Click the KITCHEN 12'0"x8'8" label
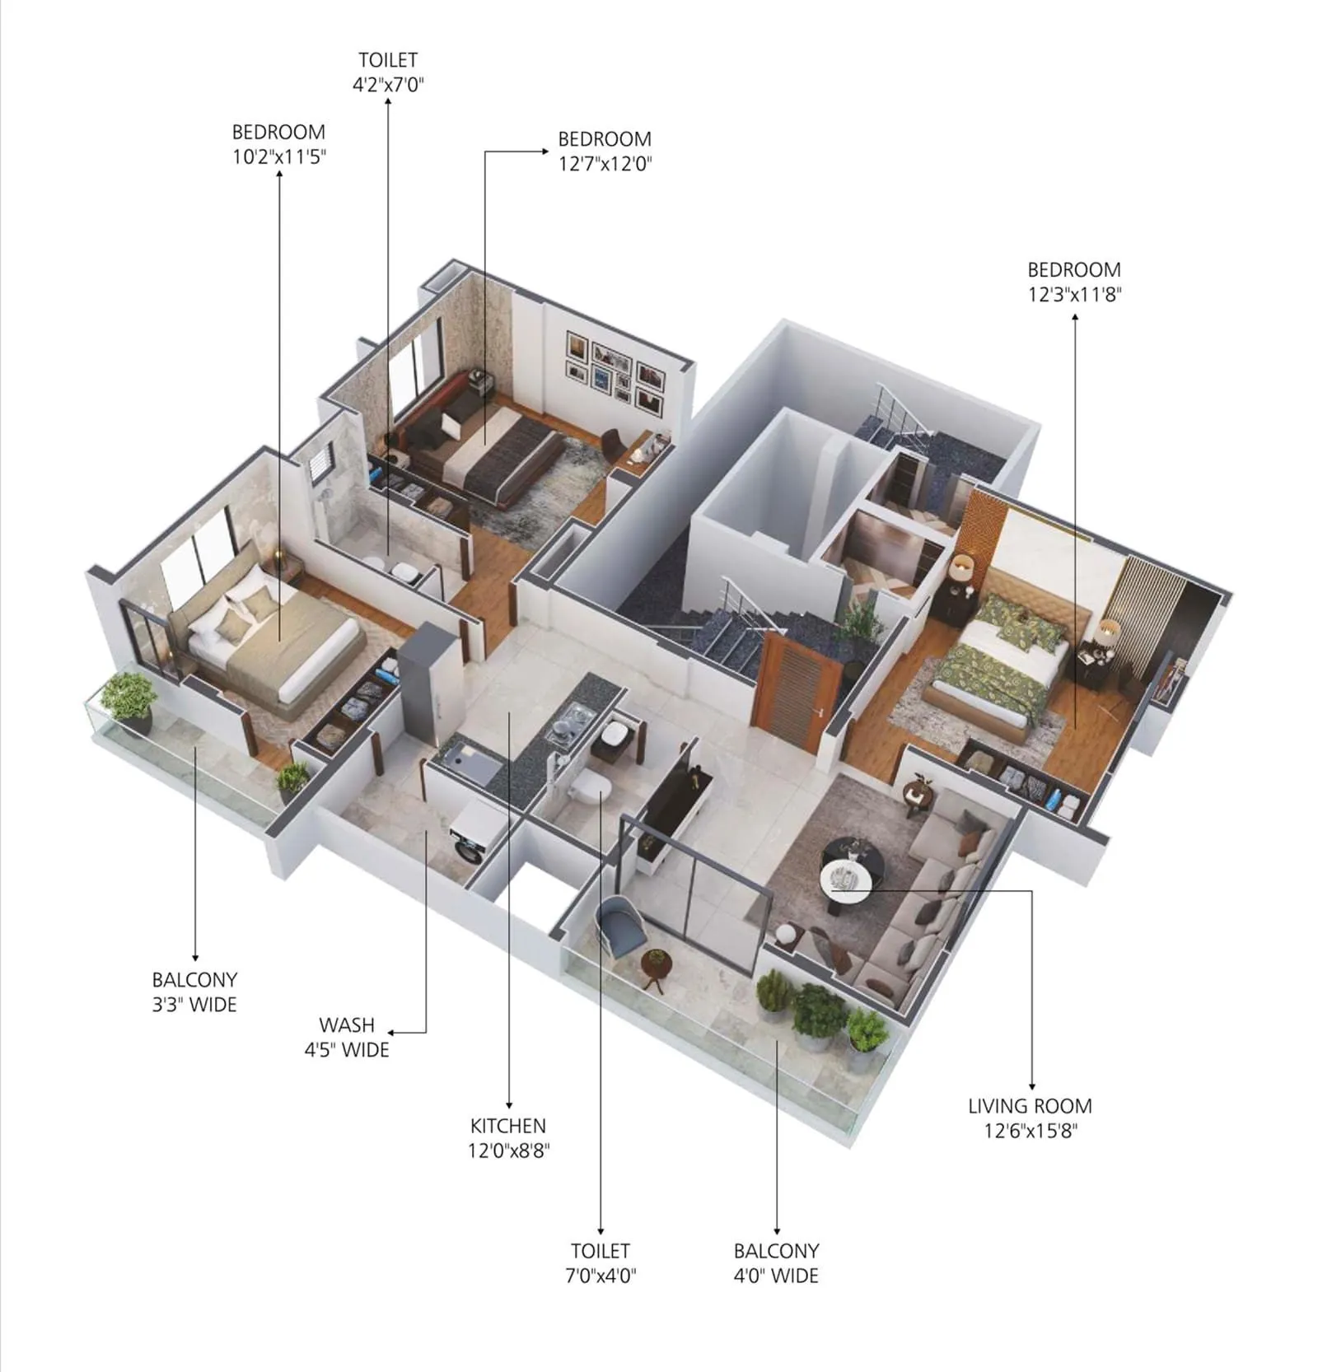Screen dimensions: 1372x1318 click(508, 1137)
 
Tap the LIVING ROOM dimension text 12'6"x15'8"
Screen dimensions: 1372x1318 click(1030, 1130)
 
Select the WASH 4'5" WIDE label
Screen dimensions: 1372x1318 click(347, 1037)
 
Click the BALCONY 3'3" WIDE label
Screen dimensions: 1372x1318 click(194, 992)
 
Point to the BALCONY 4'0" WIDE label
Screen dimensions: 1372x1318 click(776, 1262)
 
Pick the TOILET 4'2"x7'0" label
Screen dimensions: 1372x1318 click(388, 72)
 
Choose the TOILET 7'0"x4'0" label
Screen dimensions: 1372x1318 click(601, 1262)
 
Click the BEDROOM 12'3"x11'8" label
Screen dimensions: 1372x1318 click(1074, 282)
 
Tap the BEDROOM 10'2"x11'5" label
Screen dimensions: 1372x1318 click(278, 144)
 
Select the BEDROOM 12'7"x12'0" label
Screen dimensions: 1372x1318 click(605, 151)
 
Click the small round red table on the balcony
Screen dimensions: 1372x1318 click(656, 967)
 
